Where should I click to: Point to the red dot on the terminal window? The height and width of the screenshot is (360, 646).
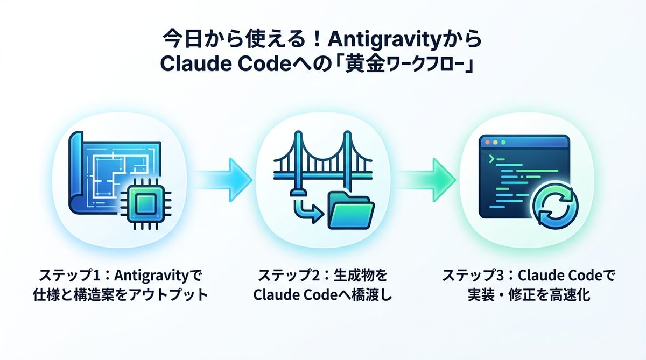(x=488, y=143)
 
